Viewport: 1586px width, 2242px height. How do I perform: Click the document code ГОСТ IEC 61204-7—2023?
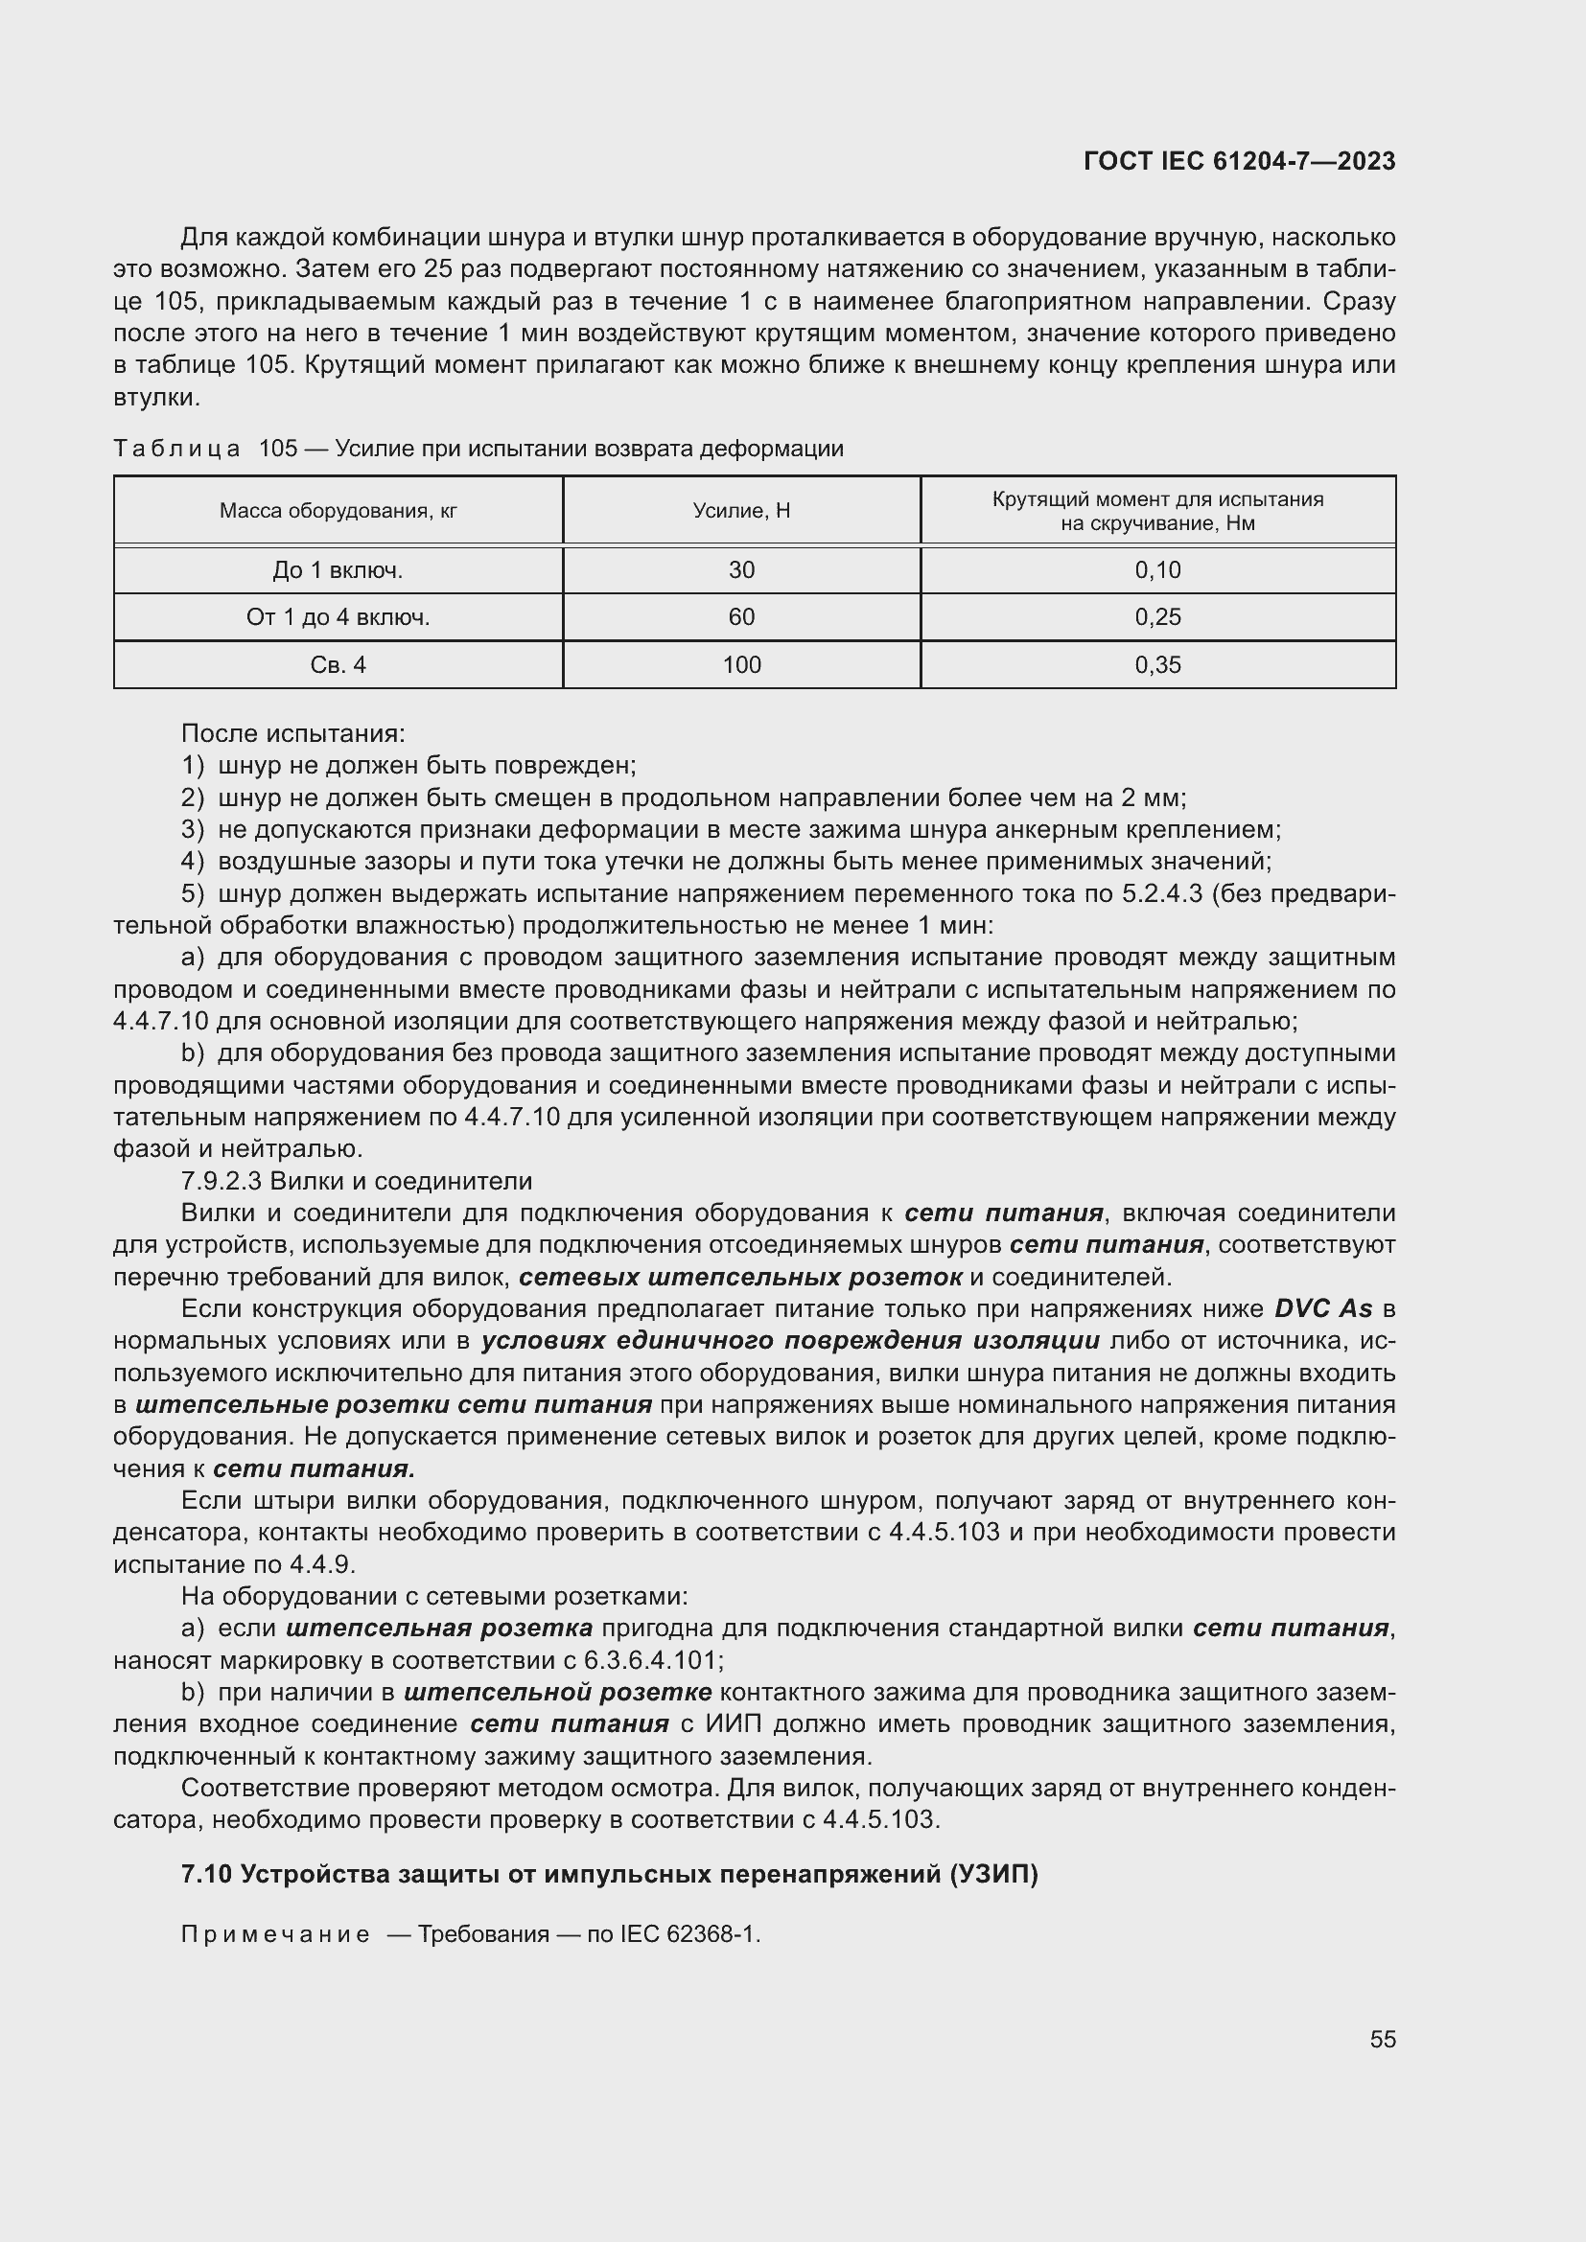coord(1239,161)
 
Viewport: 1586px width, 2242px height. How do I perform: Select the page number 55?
coord(1382,2039)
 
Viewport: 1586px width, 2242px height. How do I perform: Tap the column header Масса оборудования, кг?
coord(338,511)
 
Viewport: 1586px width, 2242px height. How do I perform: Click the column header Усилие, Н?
coord(741,511)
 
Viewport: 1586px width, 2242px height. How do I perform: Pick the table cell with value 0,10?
coord(1157,570)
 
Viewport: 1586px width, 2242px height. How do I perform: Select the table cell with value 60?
coord(741,617)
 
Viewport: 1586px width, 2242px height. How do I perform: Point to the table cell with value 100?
coord(741,665)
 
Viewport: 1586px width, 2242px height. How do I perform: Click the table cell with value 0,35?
coord(1157,665)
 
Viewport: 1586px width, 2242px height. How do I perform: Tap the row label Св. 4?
coord(338,665)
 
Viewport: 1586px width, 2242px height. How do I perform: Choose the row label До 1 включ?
coord(338,570)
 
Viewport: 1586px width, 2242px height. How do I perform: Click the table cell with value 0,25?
coord(1157,617)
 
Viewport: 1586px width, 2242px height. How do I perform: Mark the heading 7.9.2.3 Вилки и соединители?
coord(357,1182)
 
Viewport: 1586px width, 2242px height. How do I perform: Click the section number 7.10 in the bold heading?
coord(206,1875)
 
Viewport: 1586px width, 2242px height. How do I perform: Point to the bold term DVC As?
coord(1323,1308)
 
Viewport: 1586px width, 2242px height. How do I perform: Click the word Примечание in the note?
coord(275,1934)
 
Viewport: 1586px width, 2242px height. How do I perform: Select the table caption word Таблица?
coord(176,450)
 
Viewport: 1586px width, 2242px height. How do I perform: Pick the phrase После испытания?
coord(293,733)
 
